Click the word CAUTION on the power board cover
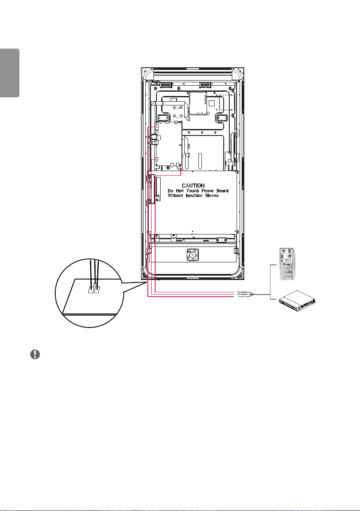(x=193, y=186)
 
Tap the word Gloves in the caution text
(x=212, y=195)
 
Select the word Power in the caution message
(x=207, y=191)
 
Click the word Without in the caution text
(x=175, y=195)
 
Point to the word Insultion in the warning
(x=194, y=195)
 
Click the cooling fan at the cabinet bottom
(x=192, y=255)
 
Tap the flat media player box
(x=297, y=300)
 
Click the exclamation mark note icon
(x=35, y=355)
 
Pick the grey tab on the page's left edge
(x=10, y=73)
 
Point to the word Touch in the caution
(x=192, y=191)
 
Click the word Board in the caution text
(x=222, y=191)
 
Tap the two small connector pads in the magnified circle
(x=94, y=289)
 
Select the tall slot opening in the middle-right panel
(x=201, y=159)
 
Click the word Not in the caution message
(x=180, y=191)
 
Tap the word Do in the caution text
(x=171, y=191)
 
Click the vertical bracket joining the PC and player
(x=271, y=282)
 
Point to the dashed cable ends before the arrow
(x=243, y=294)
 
